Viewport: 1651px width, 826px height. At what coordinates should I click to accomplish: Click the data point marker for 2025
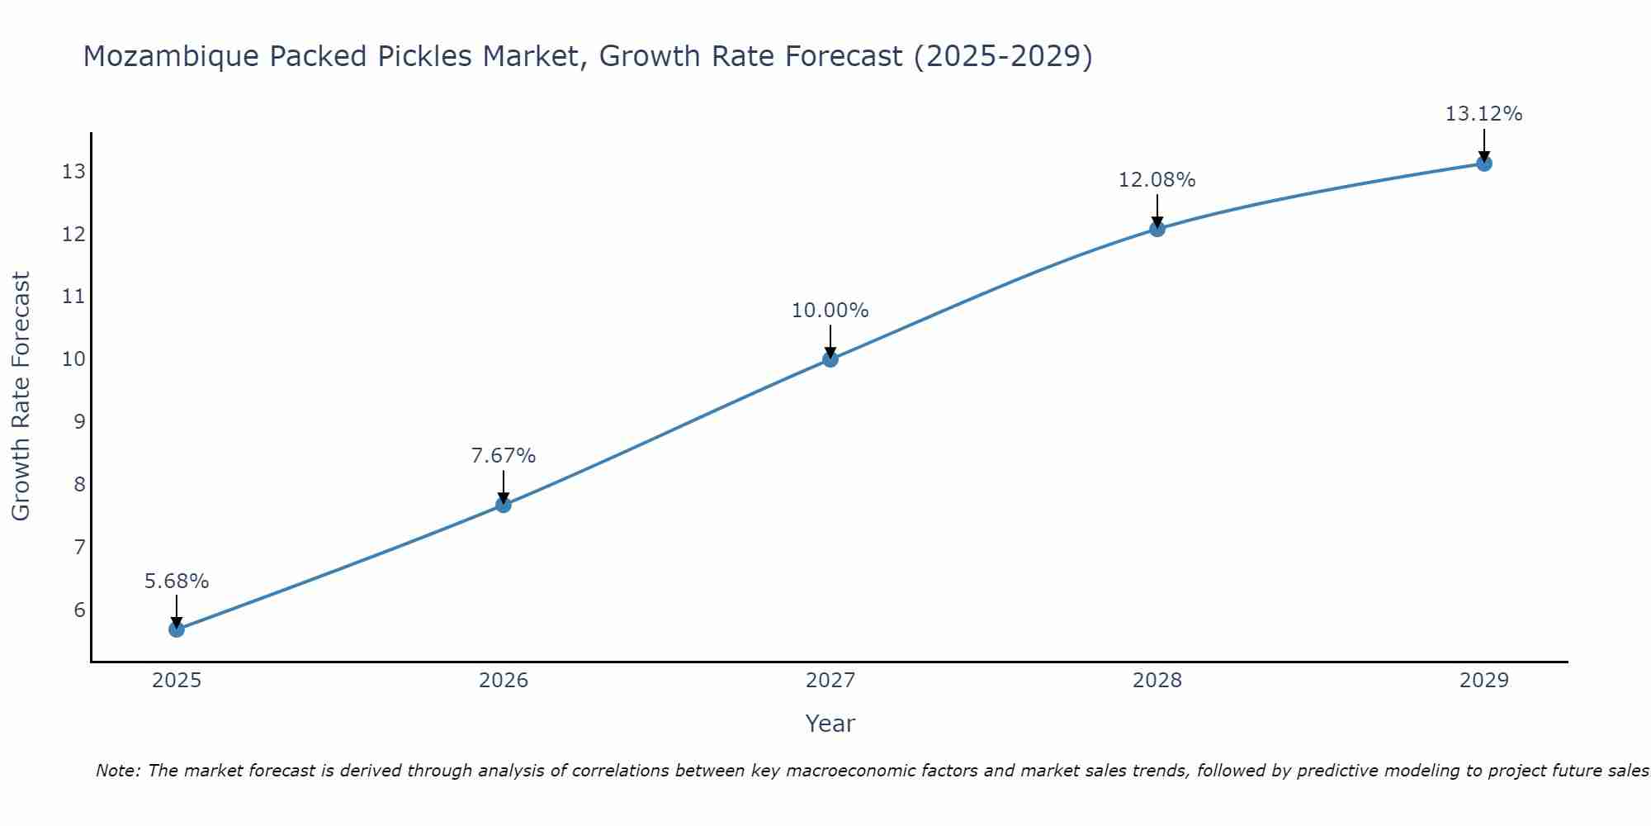(x=177, y=629)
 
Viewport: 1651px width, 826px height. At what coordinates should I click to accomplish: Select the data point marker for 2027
(x=830, y=358)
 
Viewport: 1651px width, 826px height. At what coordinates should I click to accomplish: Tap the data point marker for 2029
(x=1483, y=164)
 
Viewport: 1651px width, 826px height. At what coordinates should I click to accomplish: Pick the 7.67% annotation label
(x=504, y=456)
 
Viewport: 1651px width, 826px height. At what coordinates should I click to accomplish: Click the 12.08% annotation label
(x=1157, y=180)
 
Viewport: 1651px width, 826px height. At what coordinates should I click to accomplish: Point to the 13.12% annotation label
(x=1483, y=114)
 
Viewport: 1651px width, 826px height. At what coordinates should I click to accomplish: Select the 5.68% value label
(x=177, y=582)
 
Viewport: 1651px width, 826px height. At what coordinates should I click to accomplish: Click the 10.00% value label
(x=830, y=311)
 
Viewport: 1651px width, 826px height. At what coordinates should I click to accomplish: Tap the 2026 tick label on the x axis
(x=504, y=681)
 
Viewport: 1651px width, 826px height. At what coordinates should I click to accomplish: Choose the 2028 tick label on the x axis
(x=1157, y=681)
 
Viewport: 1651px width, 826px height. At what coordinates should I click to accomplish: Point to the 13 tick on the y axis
(x=73, y=172)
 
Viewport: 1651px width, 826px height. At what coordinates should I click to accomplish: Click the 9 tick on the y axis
(x=79, y=422)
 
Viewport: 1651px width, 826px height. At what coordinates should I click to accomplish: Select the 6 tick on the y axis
(x=79, y=610)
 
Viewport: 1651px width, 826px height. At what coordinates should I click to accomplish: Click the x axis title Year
(x=830, y=724)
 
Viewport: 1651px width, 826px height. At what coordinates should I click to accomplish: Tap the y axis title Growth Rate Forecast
(x=21, y=396)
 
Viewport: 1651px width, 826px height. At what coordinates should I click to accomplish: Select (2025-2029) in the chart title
(x=1003, y=57)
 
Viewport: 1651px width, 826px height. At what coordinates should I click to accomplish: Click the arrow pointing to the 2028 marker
(x=1157, y=211)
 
